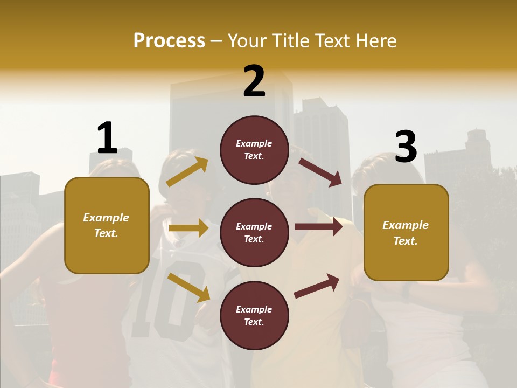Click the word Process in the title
click(169, 40)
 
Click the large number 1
click(107, 138)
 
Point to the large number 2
click(254, 81)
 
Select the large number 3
click(406, 147)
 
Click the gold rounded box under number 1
click(107, 225)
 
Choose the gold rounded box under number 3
click(406, 233)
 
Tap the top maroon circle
click(254, 150)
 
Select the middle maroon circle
click(254, 232)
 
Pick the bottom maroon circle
click(254, 315)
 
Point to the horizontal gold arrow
click(188, 228)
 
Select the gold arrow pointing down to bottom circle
click(188, 287)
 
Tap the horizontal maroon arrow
click(318, 227)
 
